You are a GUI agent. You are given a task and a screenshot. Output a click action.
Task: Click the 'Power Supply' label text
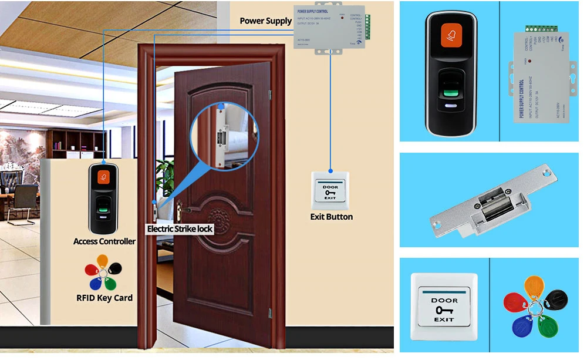pyautogui.click(x=265, y=21)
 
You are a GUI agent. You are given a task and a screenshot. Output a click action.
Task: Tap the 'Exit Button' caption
pyautogui.click(x=331, y=217)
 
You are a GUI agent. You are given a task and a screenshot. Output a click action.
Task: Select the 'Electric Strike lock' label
pyautogui.click(x=180, y=228)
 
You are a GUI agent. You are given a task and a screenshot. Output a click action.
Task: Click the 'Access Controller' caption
pyautogui.click(x=104, y=241)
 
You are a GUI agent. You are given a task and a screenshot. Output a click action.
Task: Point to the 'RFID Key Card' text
pyautogui.click(x=104, y=298)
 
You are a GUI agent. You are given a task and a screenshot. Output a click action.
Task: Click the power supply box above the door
pyautogui.click(x=328, y=27)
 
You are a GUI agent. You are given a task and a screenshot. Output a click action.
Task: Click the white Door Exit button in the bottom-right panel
pyautogui.click(x=444, y=308)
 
